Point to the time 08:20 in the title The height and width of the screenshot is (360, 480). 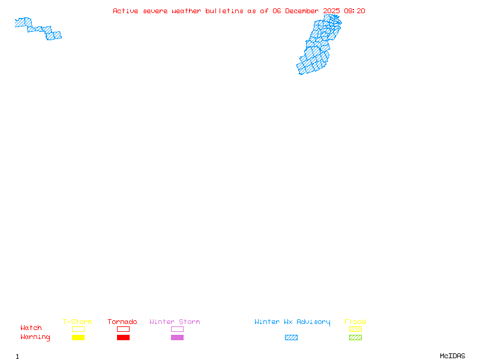pos(354,11)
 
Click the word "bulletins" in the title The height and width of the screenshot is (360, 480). pos(224,11)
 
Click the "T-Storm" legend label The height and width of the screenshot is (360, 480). pos(77,322)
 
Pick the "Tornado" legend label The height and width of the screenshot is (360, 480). pos(122,322)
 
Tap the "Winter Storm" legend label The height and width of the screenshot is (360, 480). pos(175,322)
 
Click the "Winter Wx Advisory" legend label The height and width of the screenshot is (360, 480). pos(292,322)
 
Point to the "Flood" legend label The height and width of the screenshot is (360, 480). pos(355,322)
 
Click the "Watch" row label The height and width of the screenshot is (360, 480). pos(31,328)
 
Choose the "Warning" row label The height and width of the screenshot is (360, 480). pos(35,337)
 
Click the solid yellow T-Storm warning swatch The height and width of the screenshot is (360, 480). pos(78,338)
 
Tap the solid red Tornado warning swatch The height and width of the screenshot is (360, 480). pos(123,338)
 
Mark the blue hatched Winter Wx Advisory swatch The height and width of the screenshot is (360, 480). pos(291,338)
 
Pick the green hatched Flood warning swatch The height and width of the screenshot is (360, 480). pos(355,338)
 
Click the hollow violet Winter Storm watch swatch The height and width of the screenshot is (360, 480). pos(177,329)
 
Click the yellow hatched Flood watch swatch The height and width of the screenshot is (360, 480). pos(355,329)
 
